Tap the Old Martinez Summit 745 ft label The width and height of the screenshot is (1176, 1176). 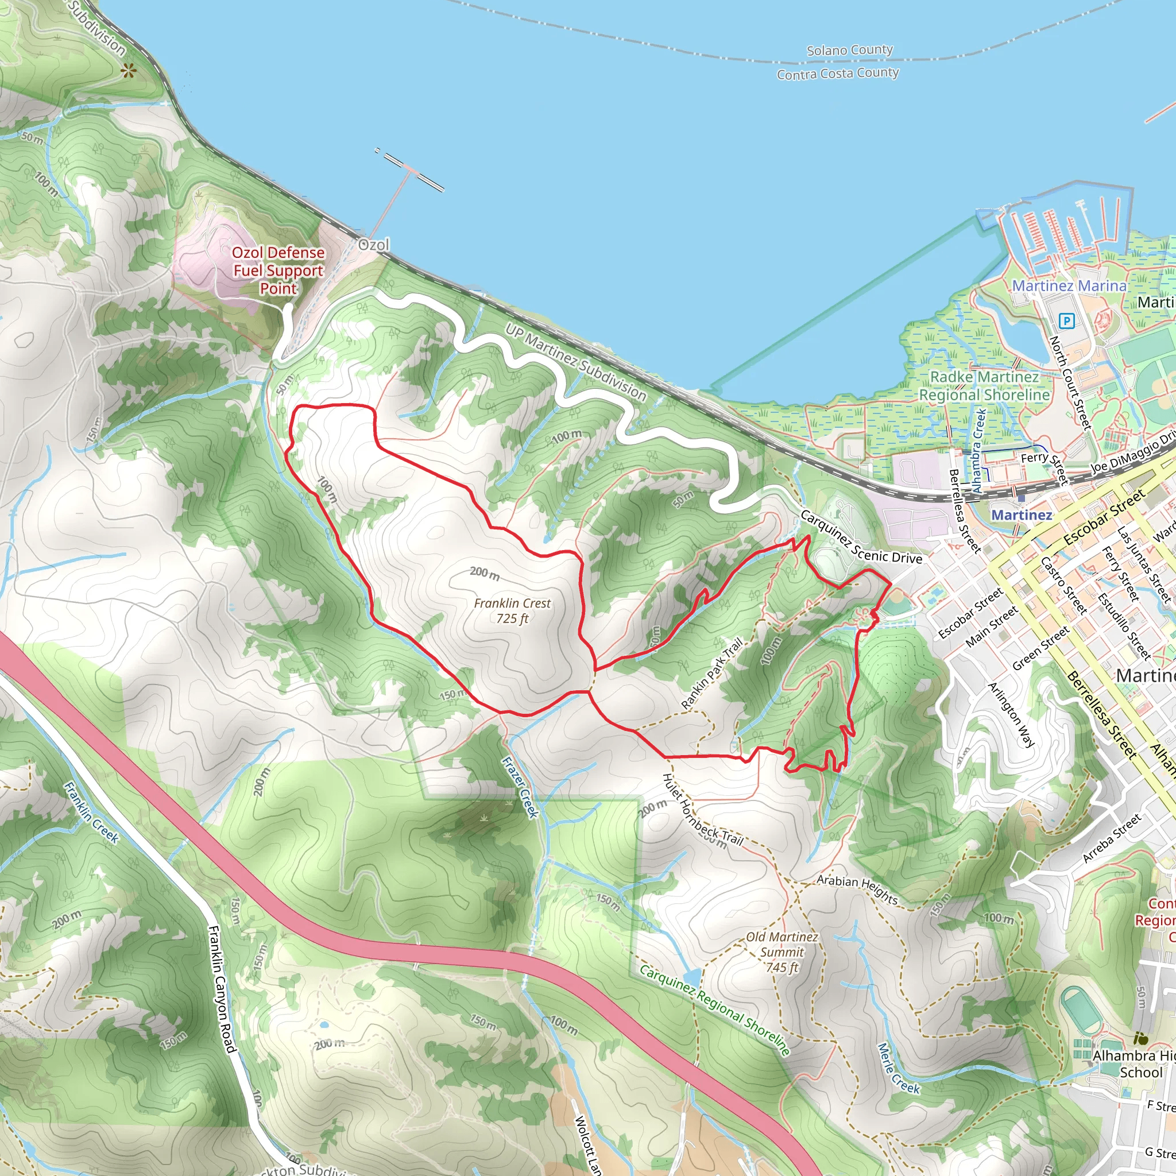[782, 952]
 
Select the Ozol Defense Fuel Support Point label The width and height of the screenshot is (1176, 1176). [278, 270]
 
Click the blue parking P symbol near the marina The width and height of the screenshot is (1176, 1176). [1066, 320]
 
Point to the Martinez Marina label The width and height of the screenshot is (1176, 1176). [1069, 285]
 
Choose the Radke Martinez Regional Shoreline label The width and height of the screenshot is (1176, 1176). [984, 386]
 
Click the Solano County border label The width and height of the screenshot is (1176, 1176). [850, 50]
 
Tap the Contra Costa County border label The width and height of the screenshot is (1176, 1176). [838, 73]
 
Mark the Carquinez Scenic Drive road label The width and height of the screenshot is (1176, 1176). [861, 537]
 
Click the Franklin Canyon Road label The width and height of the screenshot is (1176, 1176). [222, 989]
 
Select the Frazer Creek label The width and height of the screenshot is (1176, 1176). [520, 787]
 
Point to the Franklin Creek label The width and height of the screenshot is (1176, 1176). [91, 812]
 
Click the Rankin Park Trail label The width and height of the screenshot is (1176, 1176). [711, 673]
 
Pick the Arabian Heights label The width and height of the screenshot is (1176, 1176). [857, 889]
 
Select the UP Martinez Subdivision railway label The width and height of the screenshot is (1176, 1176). [575, 362]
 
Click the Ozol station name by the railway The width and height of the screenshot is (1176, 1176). [373, 245]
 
